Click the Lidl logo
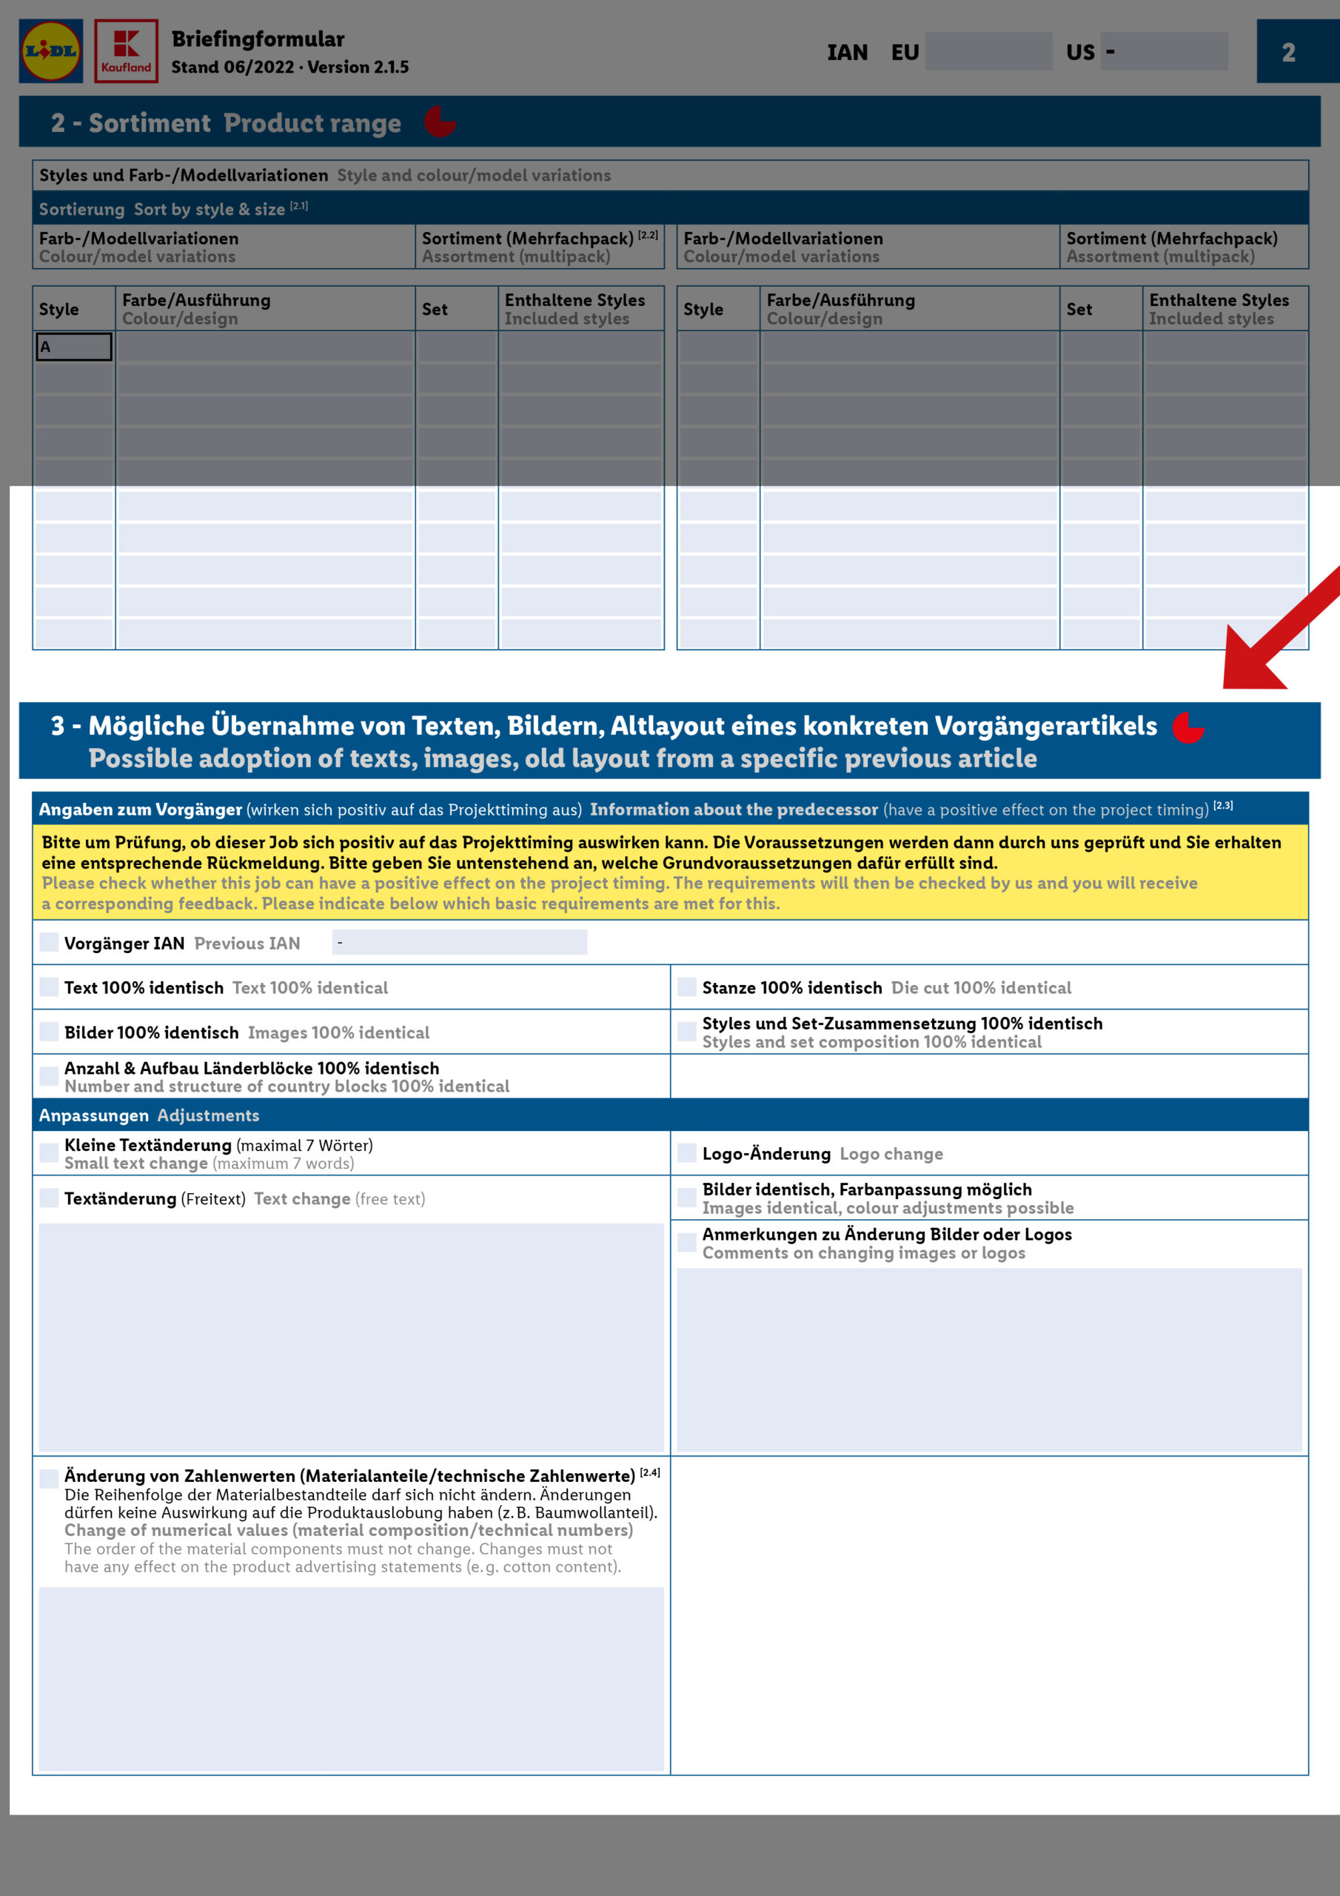[51, 51]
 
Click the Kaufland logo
[127, 51]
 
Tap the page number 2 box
[1290, 52]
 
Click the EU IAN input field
[988, 51]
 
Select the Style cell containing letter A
[73, 347]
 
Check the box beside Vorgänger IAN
[50, 942]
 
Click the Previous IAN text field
[459, 942]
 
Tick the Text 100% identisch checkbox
[50, 987]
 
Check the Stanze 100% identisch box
[687, 987]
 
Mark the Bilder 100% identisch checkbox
[50, 1032]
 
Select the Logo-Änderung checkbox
[687, 1153]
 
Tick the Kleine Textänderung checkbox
[50, 1153]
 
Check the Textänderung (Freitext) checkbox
[50, 1198]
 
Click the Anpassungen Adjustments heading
[150, 1115]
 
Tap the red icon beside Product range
[440, 121]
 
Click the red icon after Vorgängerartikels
[1188, 727]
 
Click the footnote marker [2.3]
[1223, 805]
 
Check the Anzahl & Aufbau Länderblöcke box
[50, 1076]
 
